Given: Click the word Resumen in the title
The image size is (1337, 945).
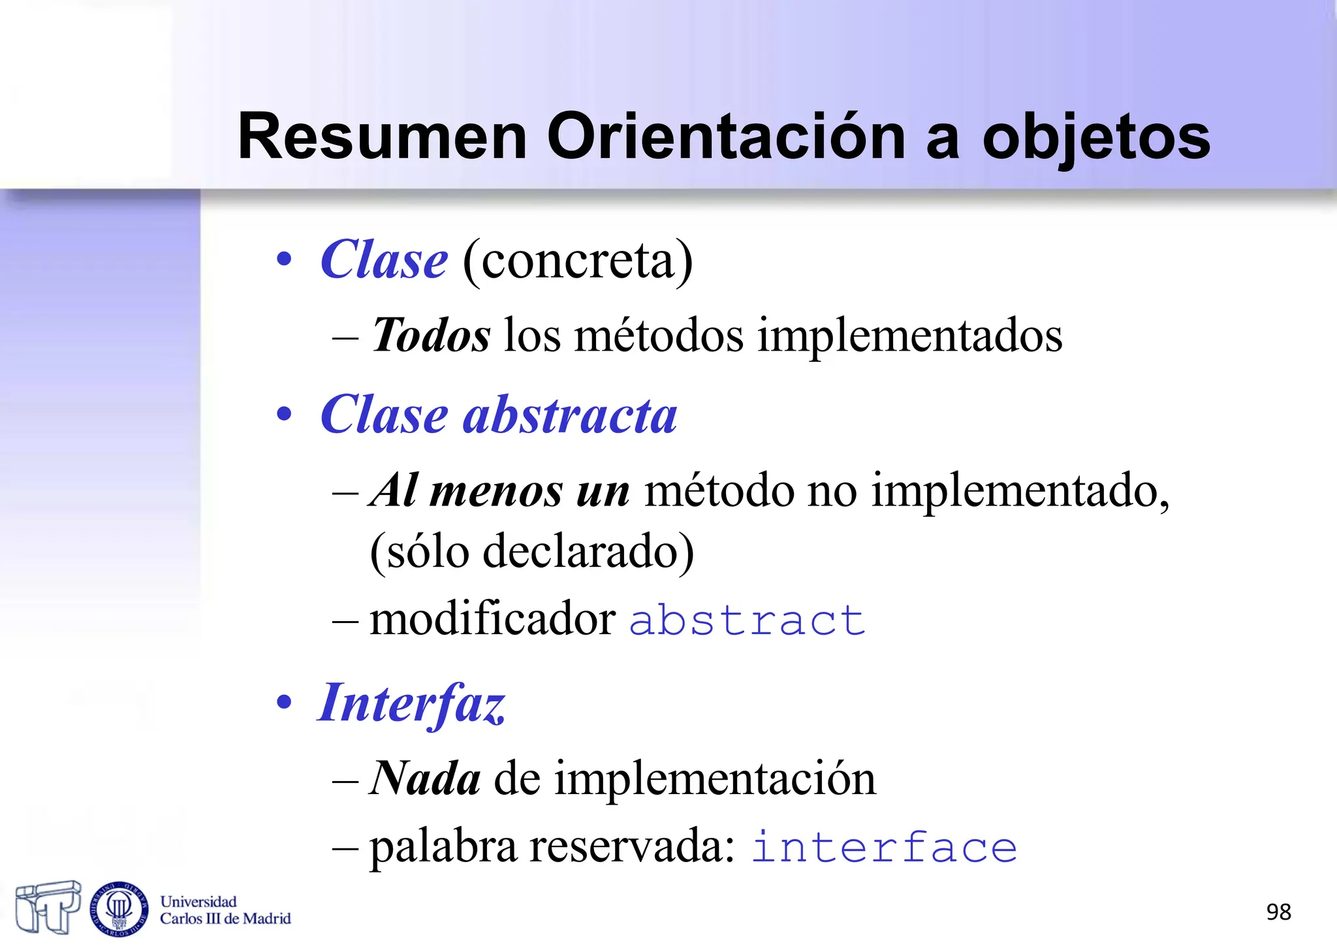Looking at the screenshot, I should (x=382, y=137).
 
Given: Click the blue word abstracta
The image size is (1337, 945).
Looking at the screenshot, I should (x=570, y=415).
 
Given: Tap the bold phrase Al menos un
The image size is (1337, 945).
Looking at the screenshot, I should (x=500, y=490).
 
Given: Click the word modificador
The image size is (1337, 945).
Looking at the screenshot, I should (x=492, y=618).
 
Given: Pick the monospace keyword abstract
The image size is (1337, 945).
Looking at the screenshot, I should (x=747, y=620).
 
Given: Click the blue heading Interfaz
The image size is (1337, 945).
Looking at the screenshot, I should (x=411, y=704).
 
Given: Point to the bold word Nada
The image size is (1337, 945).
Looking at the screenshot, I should (x=426, y=778).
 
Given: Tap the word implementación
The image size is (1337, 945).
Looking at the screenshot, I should (x=715, y=780).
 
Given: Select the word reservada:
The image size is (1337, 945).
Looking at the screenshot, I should (x=633, y=846).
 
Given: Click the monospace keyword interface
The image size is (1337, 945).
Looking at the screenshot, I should (x=884, y=848).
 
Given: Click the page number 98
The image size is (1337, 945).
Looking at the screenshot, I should (x=1278, y=912).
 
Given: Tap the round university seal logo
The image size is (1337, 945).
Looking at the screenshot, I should (x=119, y=908).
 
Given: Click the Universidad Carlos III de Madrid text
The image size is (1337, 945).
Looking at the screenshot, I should (x=225, y=910).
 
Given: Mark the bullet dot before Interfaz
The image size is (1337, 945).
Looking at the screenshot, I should (x=284, y=703).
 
